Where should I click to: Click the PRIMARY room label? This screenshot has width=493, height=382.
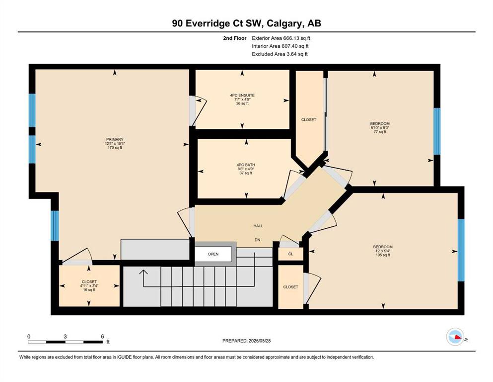coord(115,139)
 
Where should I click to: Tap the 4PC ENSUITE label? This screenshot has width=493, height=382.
coord(242,95)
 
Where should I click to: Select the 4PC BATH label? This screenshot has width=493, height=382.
coord(246,165)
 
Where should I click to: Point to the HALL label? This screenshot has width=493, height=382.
coord(258,226)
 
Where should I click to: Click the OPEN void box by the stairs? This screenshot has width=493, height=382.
coord(213,254)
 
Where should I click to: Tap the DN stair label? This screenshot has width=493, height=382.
coord(258,240)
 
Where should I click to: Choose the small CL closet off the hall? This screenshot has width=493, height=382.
coord(291,254)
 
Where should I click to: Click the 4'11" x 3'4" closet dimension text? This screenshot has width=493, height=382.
coord(89,286)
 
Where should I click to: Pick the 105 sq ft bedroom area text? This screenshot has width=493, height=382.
coord(383,255)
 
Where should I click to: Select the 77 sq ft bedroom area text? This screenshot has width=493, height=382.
coord(380,132)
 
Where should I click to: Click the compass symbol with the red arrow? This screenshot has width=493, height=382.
coord(455,337)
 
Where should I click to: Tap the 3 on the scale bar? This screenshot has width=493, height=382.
coord(65,336)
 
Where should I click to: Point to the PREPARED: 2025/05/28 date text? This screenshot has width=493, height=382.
coord(246,341)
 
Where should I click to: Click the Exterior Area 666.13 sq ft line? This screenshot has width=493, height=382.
coord(281,38)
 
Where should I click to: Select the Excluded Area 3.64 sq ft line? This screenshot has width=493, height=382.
coord(280,54)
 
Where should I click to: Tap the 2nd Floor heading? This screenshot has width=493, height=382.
coord(235,38)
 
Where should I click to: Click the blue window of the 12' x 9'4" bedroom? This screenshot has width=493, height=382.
coord(461,250)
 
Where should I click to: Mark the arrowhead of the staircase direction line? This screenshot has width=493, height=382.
coord(143,272)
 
